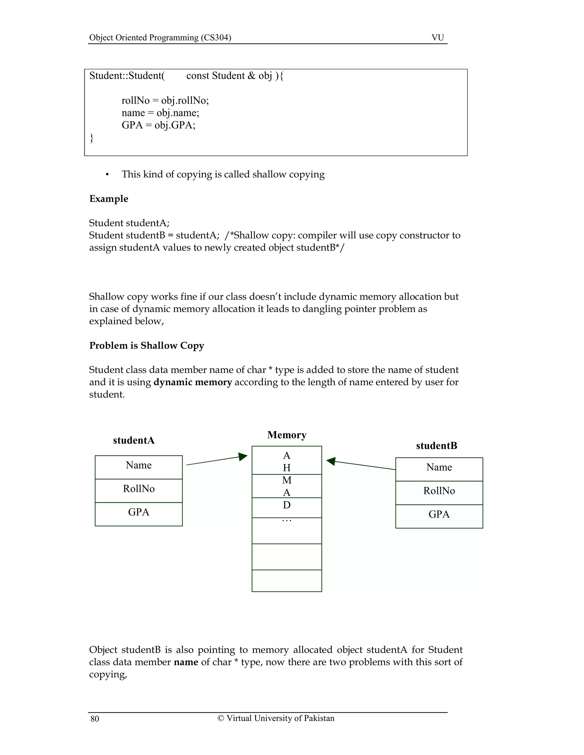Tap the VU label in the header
tap(438, 37)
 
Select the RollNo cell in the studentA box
tap(139, 489)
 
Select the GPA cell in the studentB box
tap(439, 514)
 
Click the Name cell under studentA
tap(139, 465)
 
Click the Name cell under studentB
tap(439, 467)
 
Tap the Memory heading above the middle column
tap(287, 435)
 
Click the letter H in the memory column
tap(287, 468)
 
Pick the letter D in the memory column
tap(287, 505)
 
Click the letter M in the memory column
tap(287, 480)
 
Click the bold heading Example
tap(109, 199)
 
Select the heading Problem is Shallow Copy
tap(147, 346)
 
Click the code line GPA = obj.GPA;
tap(159, 125)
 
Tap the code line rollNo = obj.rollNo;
tap(165, 101)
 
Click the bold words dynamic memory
tap(193, 382)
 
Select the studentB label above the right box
tap(437, 446)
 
